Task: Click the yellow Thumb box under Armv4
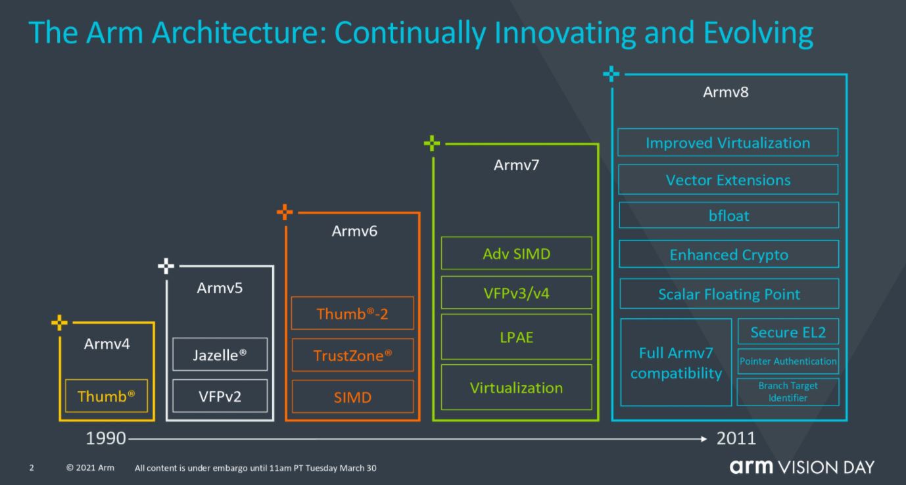point(107,396)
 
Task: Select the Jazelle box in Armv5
point(220,354)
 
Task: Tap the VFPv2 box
point(220,396)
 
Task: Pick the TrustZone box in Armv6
point(352,355)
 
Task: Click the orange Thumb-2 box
point(352,313)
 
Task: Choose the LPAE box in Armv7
point(517,336)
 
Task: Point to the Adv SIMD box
point(517,253)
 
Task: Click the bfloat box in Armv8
point(729,215)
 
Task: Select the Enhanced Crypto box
point(729,254)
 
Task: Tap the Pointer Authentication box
point(788,361)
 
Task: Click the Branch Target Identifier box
point(788,392)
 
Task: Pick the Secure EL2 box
point(788,331)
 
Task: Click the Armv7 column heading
point(517,165)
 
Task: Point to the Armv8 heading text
point(726,92)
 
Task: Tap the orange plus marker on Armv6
point(285,212)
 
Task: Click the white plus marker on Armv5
point(166,266)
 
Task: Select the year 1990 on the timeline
point(106,438)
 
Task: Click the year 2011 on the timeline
point(736,438)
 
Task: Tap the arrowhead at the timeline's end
point(704,439)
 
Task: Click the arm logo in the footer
point(751,467)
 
